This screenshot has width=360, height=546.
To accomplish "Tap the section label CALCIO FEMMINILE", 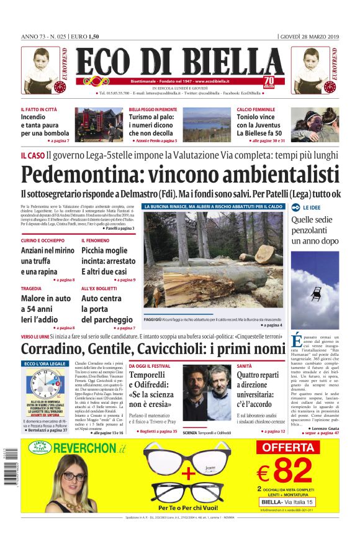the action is (256, 109).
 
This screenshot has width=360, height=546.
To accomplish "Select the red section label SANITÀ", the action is (245, 366).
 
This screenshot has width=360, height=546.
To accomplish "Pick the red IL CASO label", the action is (32, 155).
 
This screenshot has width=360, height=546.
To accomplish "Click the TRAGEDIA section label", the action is (31, 289).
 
